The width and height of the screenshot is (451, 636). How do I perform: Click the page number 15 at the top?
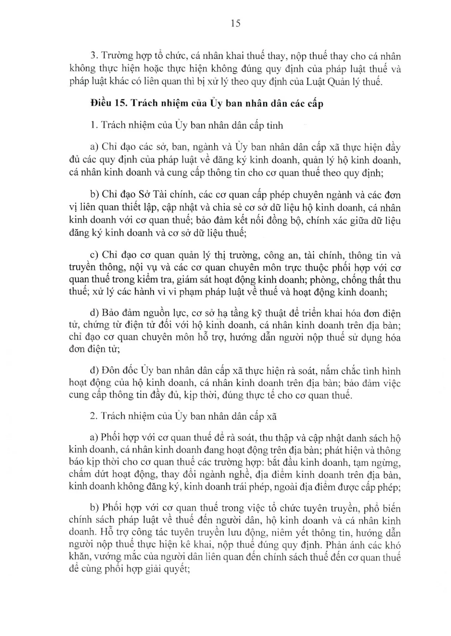[235, 24]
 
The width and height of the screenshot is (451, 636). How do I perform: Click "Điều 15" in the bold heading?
[108, 103]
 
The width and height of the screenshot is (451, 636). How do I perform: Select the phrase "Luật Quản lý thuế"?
[350, 81]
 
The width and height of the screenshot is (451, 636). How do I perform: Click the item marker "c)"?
[94, 255]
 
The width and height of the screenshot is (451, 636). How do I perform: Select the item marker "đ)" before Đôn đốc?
[94, 371]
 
